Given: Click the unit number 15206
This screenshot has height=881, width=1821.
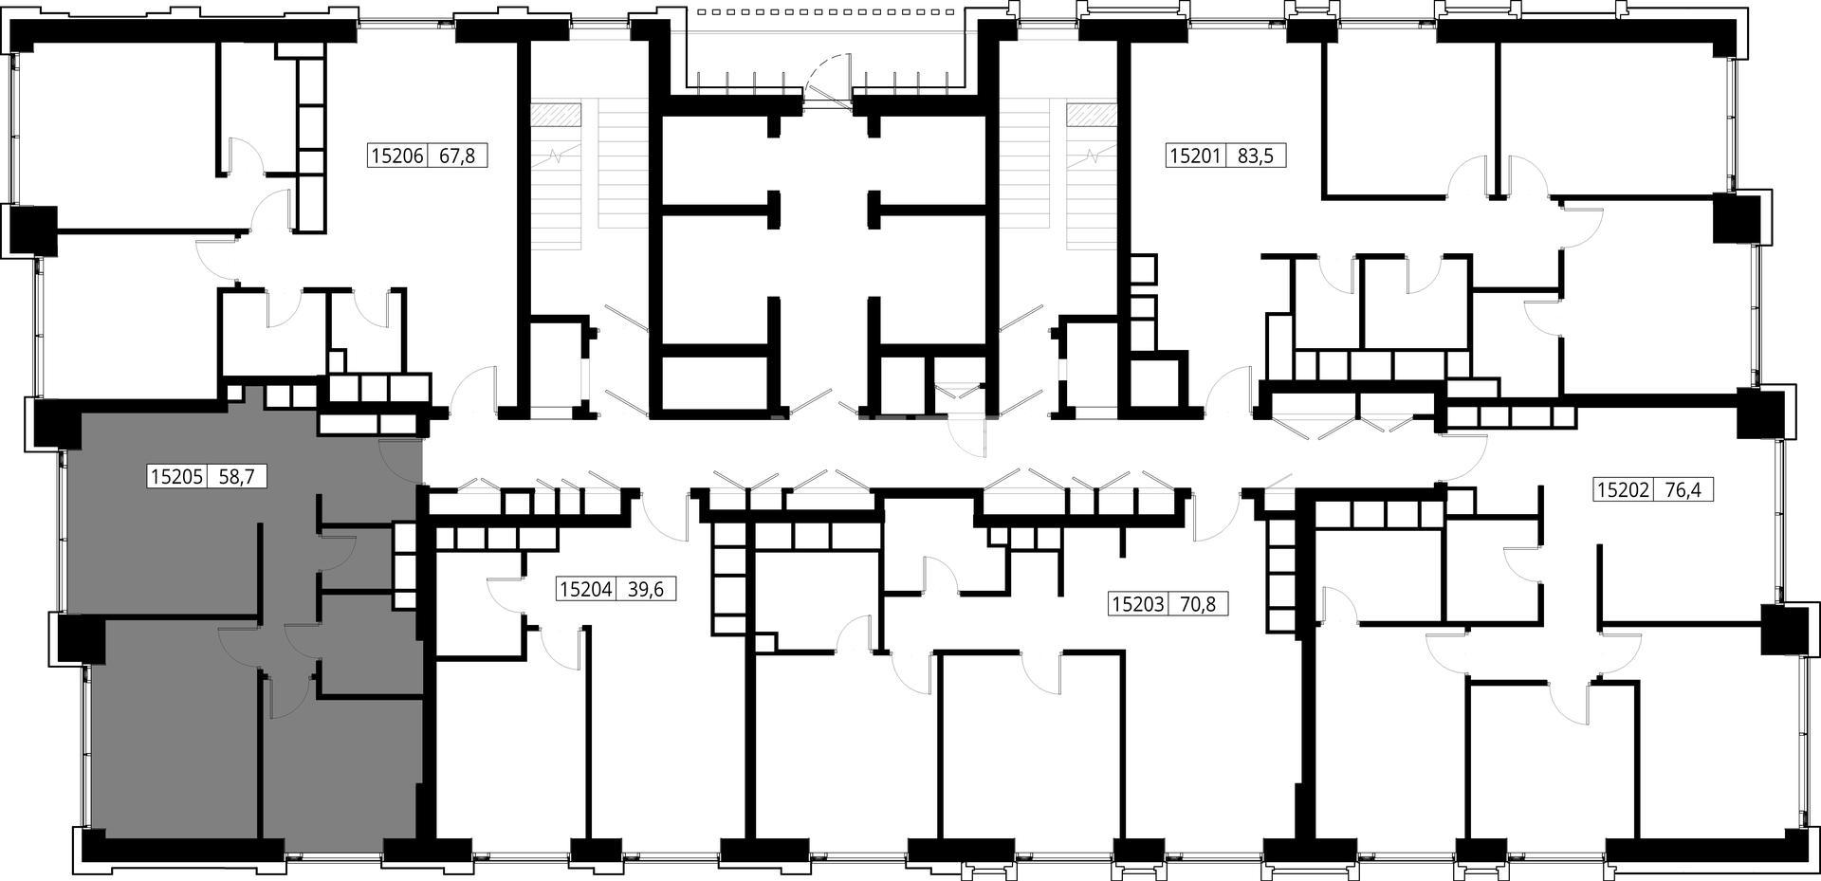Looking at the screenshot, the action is (x=397, y=156).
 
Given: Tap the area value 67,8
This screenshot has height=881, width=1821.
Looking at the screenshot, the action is (x=456, y=156).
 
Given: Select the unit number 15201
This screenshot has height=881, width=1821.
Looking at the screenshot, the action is (x=1195, y=156).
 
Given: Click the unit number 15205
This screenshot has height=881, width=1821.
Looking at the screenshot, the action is (x=176, y=476).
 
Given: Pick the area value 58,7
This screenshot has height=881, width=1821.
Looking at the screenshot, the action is (x=236, y=476).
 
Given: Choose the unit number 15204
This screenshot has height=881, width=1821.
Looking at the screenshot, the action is (x=585, y=590).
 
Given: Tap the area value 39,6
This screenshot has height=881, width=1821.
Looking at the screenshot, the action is (x=646, y=590).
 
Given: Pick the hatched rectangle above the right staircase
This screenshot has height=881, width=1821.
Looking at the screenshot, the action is (x=1092, y=114).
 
